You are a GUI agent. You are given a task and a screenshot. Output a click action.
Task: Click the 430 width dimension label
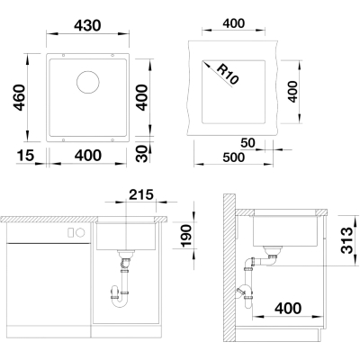coord(87,25)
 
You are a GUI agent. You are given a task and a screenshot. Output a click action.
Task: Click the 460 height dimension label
coord(19,97)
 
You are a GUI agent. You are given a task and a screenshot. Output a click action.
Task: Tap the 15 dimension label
coord(25,156)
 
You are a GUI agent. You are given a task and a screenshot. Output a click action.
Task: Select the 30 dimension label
coord(144,154)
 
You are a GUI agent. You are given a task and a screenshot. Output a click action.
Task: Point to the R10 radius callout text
coord(227,74)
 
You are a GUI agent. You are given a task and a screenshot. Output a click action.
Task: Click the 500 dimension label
coord(233,157)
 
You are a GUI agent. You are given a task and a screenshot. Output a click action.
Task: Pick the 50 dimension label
coord(247,143)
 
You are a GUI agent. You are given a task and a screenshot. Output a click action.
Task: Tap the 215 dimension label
coord(141,194)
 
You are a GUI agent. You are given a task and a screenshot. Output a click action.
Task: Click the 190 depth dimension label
coord(186,236)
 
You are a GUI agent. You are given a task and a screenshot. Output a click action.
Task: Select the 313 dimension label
coord(347,240)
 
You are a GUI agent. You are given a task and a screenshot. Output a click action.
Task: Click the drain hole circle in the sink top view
coord(88,82)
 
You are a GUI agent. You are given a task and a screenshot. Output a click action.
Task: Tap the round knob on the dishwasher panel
coord(80,232)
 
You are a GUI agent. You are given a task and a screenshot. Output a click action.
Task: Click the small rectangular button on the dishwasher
coord(71,232)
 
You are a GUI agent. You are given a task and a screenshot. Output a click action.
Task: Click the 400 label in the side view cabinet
coord(287,308)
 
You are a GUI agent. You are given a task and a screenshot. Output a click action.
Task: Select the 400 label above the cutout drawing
coord(234,23)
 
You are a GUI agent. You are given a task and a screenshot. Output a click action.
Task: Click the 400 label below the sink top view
coord(88,156)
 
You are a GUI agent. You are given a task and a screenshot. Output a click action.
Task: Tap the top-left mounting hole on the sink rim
coord(63,56)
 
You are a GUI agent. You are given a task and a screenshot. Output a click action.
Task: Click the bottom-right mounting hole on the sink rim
coord(112,139)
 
